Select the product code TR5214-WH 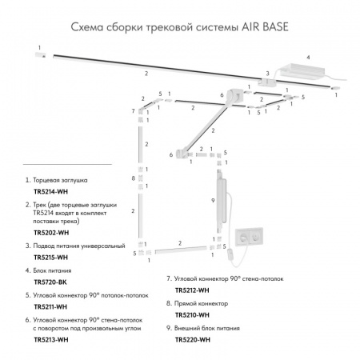point(49,194)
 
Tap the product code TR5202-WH point(49,233)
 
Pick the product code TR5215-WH point(49,258)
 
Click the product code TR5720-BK point(48,282)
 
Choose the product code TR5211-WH point(49,307)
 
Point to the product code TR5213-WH point(49,340)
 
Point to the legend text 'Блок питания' point(59,271)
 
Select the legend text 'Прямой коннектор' point(205,304)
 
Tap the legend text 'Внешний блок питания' point(212,329)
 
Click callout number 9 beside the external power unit point(212,199)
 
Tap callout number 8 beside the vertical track point(132,178)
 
